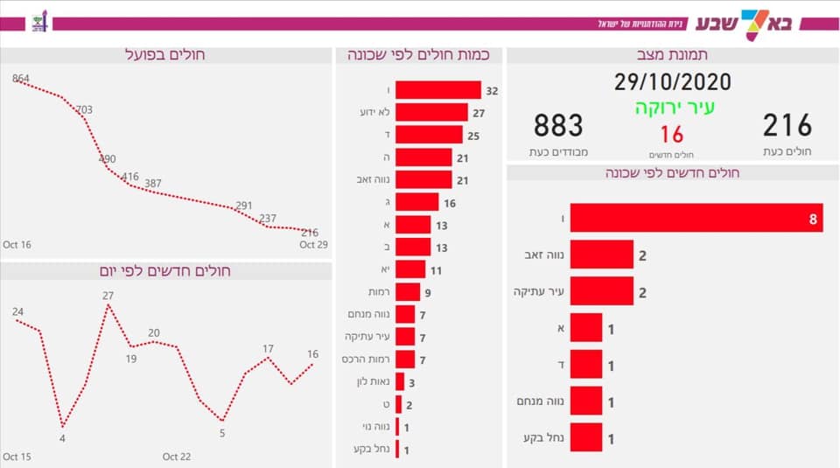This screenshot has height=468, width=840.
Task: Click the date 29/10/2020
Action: (672, 83)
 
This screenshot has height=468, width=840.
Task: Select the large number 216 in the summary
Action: (787, 126)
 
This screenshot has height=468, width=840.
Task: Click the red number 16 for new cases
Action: (671, 135)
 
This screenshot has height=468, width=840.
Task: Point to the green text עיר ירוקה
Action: (674, 108)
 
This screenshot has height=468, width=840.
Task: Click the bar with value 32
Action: (437, 90)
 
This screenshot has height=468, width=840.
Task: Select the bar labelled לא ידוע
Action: (431, 112)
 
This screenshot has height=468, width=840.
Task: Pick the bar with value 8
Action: (696, 218)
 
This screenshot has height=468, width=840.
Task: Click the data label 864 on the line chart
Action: (21, 79)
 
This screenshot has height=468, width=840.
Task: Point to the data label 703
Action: (84, 109)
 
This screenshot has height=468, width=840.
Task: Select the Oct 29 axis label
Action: (313, 245)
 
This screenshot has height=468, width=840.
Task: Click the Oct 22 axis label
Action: (177, 457)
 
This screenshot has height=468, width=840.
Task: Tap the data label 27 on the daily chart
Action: (108, 296)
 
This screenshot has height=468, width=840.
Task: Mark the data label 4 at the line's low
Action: (62, 437)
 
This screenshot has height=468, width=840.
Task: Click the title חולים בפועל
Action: (165, 54)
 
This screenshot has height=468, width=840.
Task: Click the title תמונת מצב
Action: (672, 54)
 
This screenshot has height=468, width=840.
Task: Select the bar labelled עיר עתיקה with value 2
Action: (601, 291)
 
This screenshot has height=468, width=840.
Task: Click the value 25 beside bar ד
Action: (473, 135)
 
